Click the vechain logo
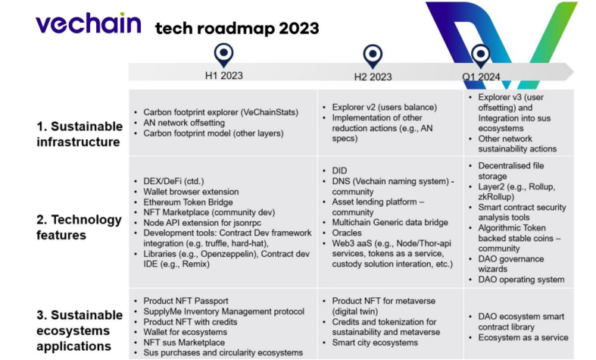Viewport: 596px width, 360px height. tap(89, 23)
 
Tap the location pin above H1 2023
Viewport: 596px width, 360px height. tap(224, 55)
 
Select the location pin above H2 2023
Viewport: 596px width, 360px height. tap(373, 56)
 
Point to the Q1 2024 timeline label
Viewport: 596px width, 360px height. tap(481, 77)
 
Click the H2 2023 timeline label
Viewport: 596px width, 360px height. tap(373, 77)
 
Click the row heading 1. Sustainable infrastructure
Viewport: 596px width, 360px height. tap(80, 134)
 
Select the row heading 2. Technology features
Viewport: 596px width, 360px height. tap(79, 227)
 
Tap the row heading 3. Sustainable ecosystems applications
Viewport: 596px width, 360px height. tap(80, 330)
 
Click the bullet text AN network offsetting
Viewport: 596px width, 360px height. tap(184, 123)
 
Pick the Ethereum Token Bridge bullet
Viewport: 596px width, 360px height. tap(188, 202)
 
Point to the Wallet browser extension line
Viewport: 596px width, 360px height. tap(191, 192)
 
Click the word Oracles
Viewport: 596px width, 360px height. tap(347, 233)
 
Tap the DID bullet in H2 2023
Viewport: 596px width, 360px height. tap(339, 171)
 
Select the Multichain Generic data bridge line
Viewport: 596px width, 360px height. tap(390, 222)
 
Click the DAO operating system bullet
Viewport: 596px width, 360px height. tap(521, 280)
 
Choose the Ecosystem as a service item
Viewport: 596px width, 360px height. tap(523, 337)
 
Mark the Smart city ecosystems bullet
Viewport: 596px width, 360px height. tap(375, 343)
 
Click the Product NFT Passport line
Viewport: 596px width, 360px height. tap(186, 301)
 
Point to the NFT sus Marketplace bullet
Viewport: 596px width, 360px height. tap(184, 343)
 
